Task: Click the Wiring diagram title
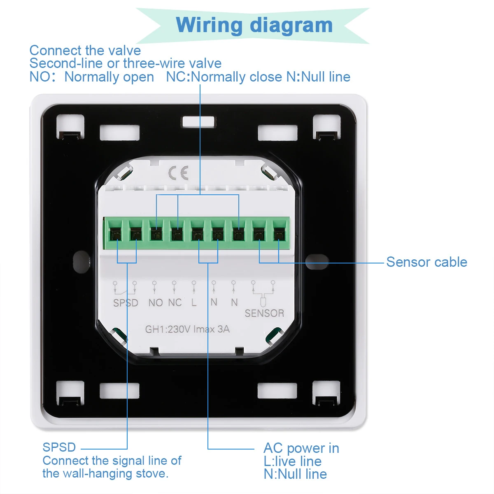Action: [254, 25]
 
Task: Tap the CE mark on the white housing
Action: [179, 173]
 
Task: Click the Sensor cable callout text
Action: [426, 262]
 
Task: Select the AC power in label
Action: [301, 448]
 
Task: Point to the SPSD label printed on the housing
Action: [126, 303]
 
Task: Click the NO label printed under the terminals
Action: [156, 303]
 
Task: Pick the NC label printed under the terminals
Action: [175, 303]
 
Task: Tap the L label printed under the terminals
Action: [194, 303]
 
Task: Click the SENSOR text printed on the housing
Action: [264, 313]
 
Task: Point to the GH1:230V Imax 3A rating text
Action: [187, 329]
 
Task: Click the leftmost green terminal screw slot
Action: [116, 235]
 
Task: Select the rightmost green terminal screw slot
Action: [279, 235]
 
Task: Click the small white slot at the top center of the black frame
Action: [198, 121]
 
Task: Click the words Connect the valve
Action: [85, 51]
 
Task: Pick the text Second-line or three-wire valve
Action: [126, 63]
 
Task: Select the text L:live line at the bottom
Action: [293, 461]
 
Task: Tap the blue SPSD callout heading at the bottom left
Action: [59, 447]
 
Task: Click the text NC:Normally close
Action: [225, 77]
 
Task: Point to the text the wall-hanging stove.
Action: [105, 473]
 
